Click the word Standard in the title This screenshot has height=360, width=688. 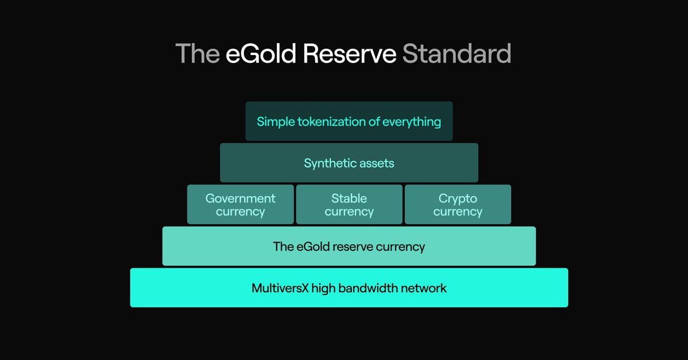(x=456, y=54)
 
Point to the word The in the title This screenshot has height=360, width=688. (x=197, y=54)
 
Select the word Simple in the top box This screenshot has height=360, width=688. (x=275, y=122)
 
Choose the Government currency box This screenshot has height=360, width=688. (x=240, y=204)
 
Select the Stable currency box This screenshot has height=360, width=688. (x=349, y=204)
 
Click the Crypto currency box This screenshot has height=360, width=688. (x=458, y=204)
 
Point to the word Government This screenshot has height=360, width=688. (x=240, y=198)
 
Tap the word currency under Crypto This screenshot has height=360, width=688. (x=458, y=212)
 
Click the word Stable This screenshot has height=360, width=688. (x=349, y=198)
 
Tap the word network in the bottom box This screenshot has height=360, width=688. (x=425, y=288)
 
